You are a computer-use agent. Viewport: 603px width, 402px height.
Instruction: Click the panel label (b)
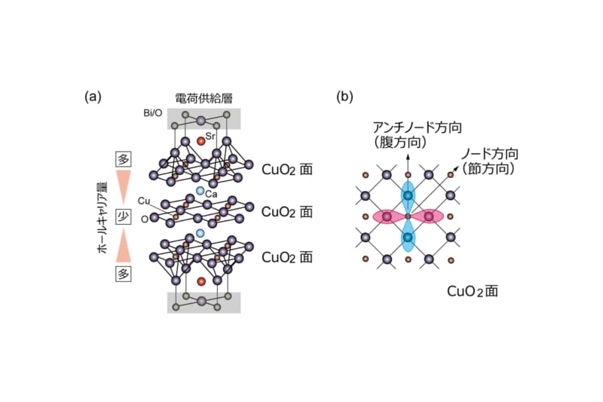coord(344,97)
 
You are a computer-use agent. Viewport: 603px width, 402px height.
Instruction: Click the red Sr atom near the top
coord(200,141)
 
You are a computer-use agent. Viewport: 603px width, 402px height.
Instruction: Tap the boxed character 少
coord(124,217)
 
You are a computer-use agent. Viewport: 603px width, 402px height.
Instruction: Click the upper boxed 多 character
coord(124,159)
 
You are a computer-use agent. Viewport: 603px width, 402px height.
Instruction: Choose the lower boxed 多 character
coord(124,274)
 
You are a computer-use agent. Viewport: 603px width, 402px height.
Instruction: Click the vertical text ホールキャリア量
coord(103,217)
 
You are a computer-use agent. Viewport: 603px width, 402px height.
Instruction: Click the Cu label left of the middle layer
coord(144,201)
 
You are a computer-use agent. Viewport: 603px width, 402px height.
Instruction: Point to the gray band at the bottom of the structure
coord(204,302)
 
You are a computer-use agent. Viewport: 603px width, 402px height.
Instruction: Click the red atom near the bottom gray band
coord(200,282)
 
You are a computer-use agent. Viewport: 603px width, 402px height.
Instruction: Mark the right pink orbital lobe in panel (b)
coord(430,216)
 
